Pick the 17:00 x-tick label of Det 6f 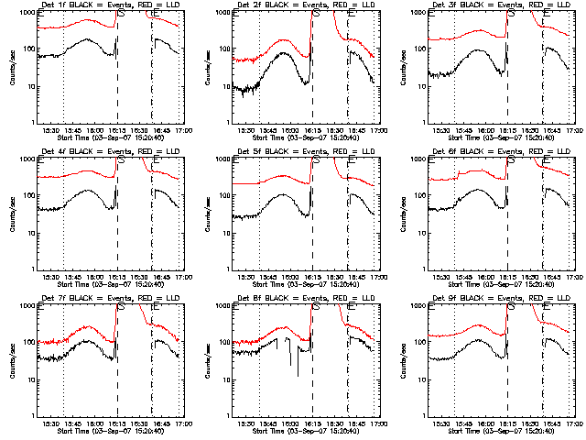coord(572,278)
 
